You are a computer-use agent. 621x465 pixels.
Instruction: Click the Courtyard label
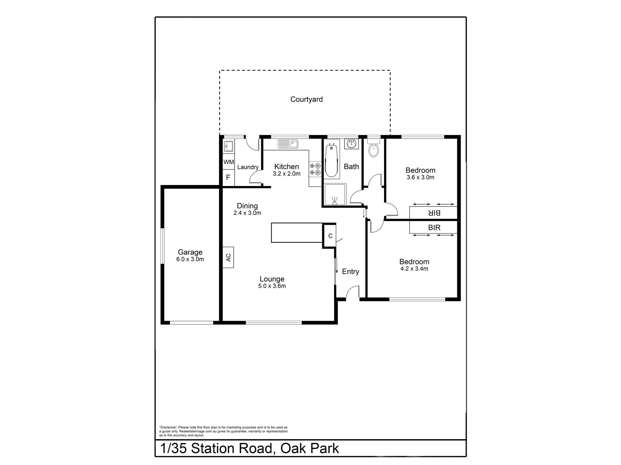coord(306,99)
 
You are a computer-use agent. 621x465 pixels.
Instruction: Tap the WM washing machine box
coord(228,162)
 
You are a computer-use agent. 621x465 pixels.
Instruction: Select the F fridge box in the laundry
coord(228,178)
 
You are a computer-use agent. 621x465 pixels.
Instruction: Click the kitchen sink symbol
coord(288,144)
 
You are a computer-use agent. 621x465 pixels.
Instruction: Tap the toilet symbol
coord(373,149)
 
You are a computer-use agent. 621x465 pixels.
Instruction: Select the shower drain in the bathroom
coord(334,200)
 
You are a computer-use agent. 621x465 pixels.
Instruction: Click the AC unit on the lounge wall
coord(228,257)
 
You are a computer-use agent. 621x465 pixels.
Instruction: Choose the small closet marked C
coord(330,236)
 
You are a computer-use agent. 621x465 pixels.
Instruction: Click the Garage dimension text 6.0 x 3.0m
coord(190,259)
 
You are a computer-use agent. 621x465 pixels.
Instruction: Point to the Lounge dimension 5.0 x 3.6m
coord(272,286)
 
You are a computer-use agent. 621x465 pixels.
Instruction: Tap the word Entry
coord(350,271)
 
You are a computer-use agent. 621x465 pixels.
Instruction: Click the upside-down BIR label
coord(434,213)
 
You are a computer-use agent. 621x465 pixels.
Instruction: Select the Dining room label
coord(247,206)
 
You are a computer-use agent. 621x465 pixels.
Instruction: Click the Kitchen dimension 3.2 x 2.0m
coord(286,174)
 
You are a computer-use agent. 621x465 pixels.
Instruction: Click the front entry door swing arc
coord(352,291)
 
